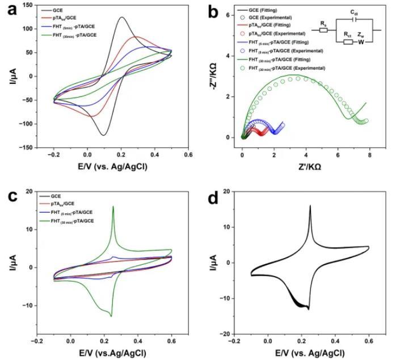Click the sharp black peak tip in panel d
[310, 206]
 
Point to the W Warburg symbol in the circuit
[361, 42]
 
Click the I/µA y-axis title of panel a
[8, 77]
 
